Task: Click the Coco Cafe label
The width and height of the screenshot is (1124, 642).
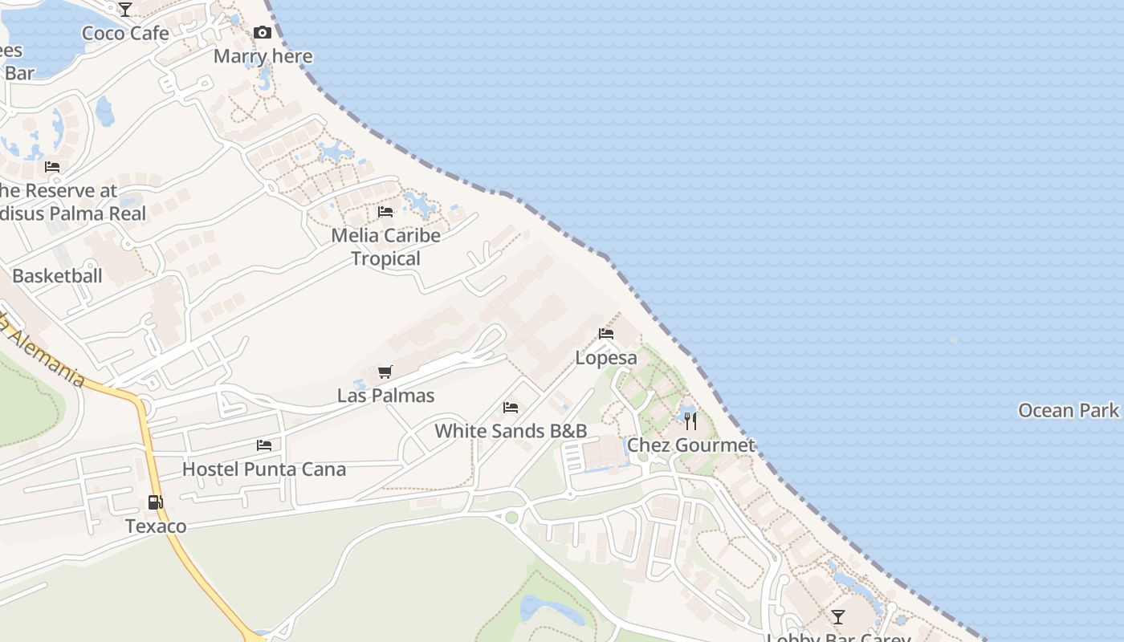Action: [x=126, y=33]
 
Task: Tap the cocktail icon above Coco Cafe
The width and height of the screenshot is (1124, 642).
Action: [x=125, y=10]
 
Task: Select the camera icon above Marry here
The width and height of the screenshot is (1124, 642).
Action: [x=263, y=33]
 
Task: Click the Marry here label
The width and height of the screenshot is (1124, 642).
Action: [x=263, y=56]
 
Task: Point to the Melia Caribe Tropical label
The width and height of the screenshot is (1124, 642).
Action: [x=386, y=246]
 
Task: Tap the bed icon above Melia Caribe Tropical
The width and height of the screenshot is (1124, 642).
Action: [x=385, y=212]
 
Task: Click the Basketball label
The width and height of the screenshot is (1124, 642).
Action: [x=57, y=276]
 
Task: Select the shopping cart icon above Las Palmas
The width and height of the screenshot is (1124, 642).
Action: [x=385, y=372]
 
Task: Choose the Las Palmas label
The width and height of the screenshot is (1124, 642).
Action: [x=385, y=396]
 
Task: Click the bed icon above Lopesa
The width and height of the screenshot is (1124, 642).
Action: [x=606, y=334]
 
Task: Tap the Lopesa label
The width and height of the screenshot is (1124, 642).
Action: [x=606, y=358]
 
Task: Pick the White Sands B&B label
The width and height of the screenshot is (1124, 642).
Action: [x=511, y=431]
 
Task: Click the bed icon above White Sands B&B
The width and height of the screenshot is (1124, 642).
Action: [x=511, y=408]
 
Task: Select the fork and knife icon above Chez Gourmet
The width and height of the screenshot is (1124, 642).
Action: [x=690, y=421]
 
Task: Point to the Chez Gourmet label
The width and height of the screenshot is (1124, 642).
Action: [x=690, y=445]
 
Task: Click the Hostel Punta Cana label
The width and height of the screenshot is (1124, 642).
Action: [x=264, y=469]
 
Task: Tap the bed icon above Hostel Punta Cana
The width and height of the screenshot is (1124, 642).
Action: [x=264, y=445]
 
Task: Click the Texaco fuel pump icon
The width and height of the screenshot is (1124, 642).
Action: [x=156, y=503]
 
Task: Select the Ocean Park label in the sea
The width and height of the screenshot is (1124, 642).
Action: [x=1068, y=411]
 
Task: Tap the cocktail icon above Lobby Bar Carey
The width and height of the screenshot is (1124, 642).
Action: [x=838, y=616]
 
